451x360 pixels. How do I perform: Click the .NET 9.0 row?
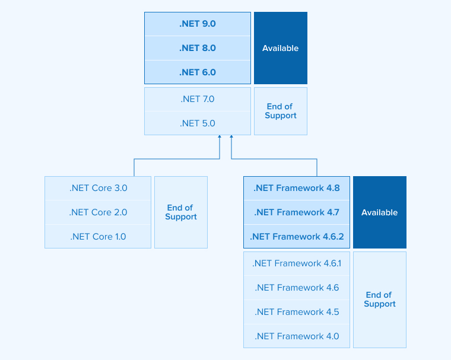point(198,24)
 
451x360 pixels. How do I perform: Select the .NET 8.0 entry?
point(198,48)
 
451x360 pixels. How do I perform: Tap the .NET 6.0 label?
point(198,72)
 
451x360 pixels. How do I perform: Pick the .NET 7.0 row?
point(198,99)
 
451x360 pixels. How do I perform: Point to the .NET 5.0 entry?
point(198,123)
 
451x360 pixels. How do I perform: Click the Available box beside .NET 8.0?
point(281,48)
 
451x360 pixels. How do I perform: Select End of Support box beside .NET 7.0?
point(281,111)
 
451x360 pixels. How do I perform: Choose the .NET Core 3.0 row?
point(98,188)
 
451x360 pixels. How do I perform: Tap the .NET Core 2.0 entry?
point(98,212)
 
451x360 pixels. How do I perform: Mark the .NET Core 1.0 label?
point(98,237)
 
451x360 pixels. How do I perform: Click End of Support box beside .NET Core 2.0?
point(181,212)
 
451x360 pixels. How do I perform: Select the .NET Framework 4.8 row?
point(297,188)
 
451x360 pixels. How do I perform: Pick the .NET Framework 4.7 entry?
point(297,212)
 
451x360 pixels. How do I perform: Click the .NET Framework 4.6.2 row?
point(297,237)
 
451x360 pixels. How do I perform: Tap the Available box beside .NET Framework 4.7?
point(380,212)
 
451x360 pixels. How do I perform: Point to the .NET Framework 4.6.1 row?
point(297,263)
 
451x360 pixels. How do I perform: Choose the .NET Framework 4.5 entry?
point(297,312)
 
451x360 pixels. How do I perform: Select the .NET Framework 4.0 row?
point(297,336)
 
